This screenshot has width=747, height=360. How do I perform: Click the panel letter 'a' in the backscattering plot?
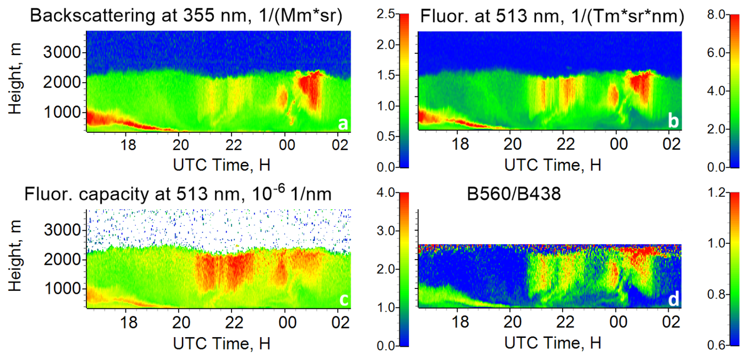coord(343,124)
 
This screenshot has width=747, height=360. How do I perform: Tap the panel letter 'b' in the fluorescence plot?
coord(673,121)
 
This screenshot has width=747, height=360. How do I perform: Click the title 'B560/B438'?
coord(514,194)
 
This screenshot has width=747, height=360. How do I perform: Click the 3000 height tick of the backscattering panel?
coord(62,52)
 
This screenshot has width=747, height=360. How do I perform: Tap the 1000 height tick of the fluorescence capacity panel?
coord(63,289)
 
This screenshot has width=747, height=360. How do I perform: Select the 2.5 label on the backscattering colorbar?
coord(386,14)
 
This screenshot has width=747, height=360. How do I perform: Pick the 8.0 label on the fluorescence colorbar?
coord(716,15)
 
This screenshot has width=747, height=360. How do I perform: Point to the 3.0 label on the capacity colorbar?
coord(386,231)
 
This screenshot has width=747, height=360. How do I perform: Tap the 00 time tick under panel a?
coord(287,145)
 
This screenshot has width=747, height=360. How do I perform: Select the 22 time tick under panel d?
coord(565,322)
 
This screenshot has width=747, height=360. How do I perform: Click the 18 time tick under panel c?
coord(128,322)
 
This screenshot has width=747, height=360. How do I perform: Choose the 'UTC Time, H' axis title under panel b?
coord(553,165)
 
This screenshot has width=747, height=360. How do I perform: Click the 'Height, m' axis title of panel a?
coord(15,79)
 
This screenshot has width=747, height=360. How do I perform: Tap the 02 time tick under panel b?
coord(671,144)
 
